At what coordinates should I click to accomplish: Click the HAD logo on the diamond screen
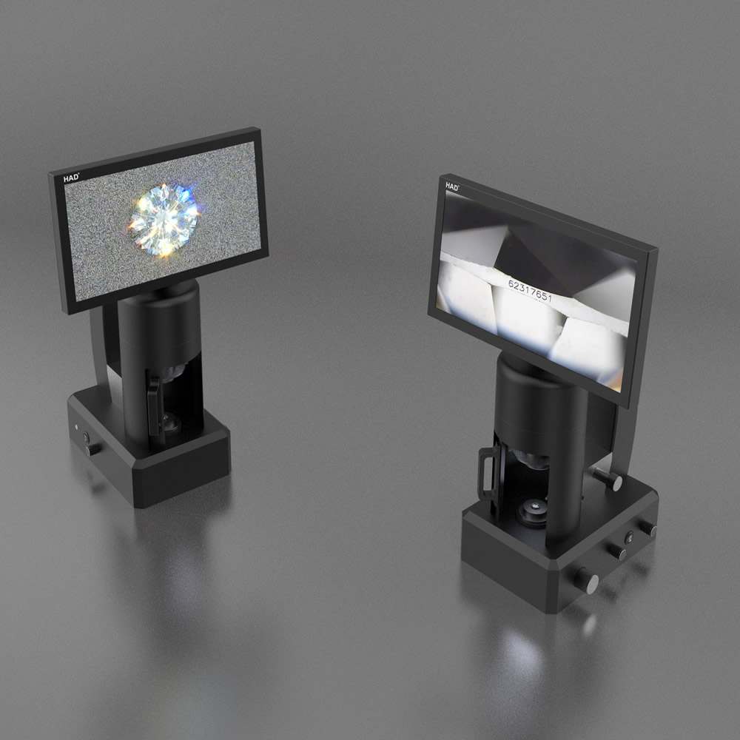click(71, 178)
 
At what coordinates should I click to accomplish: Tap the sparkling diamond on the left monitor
click(164, 220)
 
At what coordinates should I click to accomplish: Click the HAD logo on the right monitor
click(451, 186)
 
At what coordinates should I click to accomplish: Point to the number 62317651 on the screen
click(530, 290)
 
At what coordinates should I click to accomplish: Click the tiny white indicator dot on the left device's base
click(76, 427)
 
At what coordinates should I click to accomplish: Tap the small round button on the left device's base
click(87, 437)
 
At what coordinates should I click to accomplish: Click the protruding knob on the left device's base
click(93, 449)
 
